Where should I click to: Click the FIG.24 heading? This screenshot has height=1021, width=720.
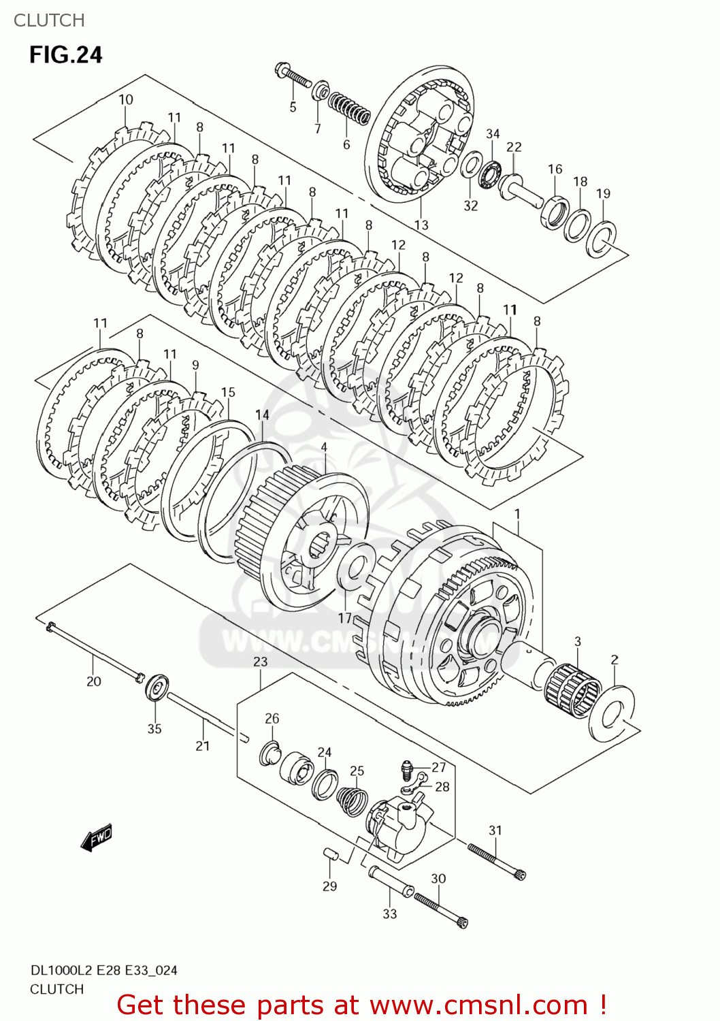click(x=65, y=55)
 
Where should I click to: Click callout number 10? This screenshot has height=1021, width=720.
click(x=126, y=99)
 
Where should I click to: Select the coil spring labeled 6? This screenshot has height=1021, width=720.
click(x=349, y=109)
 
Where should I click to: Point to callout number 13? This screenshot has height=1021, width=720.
click(x=421, y=225)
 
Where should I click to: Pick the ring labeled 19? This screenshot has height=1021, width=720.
click(x=602, y=238)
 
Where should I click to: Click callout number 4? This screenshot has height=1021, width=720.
click(x=324, y=447)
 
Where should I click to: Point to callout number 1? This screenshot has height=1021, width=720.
click(x=517, y=513)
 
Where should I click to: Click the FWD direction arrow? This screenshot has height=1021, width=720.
click(x=97, y=837)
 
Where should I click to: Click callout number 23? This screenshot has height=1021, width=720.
click(x=261, y=662)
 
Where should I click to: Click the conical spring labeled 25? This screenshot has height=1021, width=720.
click(x=352, y=800)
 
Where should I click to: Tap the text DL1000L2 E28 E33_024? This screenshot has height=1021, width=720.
click(x=103, y=971)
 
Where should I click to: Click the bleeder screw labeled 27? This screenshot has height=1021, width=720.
click(x=406, y=770)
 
